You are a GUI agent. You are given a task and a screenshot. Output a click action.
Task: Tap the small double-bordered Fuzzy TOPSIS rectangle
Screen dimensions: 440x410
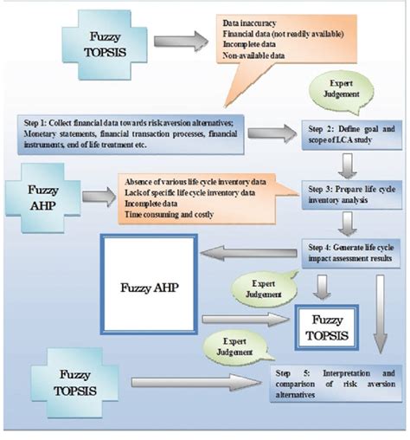[x=330, y=323]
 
